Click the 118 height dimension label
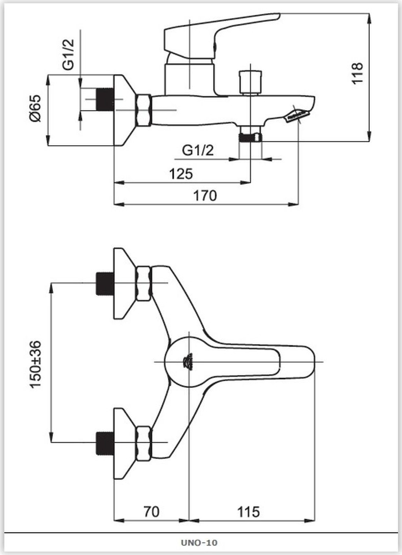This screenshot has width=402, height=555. coord(357,73)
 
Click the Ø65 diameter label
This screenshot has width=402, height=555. coord(36,109)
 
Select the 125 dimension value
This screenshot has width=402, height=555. coord(181,174)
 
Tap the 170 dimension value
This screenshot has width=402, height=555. coord(205,196)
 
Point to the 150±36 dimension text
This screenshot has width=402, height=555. coord(36,364)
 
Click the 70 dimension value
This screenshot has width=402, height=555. coord(151,512)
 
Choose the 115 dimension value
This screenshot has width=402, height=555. coord(248,512)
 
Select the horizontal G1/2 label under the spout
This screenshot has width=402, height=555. coord(198,150)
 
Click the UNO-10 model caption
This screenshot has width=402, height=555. coord(200,543)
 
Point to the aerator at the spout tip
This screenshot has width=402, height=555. coord(297,115)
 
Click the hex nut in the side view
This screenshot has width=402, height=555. coord(143,110)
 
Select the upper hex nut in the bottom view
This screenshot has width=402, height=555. coord(143,283)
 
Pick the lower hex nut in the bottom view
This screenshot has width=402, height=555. coord(143,443)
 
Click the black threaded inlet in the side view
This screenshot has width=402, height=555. coord(105,99)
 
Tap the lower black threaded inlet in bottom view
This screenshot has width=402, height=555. coord(105,443)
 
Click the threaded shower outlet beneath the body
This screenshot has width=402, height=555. coord(250,137)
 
